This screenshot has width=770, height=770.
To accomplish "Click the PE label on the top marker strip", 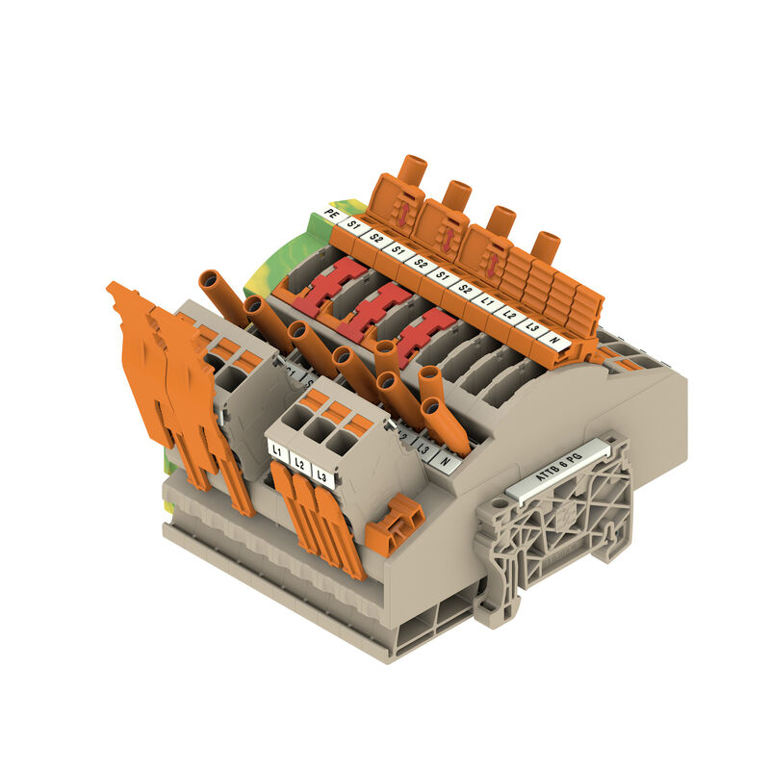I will click(332, 214).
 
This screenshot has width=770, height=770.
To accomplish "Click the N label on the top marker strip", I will click(552, 339).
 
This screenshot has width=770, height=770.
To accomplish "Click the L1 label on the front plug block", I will click(277, 449).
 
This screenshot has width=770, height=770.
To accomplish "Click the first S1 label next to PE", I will click(353, 226).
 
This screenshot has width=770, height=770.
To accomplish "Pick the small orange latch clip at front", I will click(395, 526).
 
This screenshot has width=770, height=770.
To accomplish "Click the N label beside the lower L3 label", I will click(445, 460).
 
